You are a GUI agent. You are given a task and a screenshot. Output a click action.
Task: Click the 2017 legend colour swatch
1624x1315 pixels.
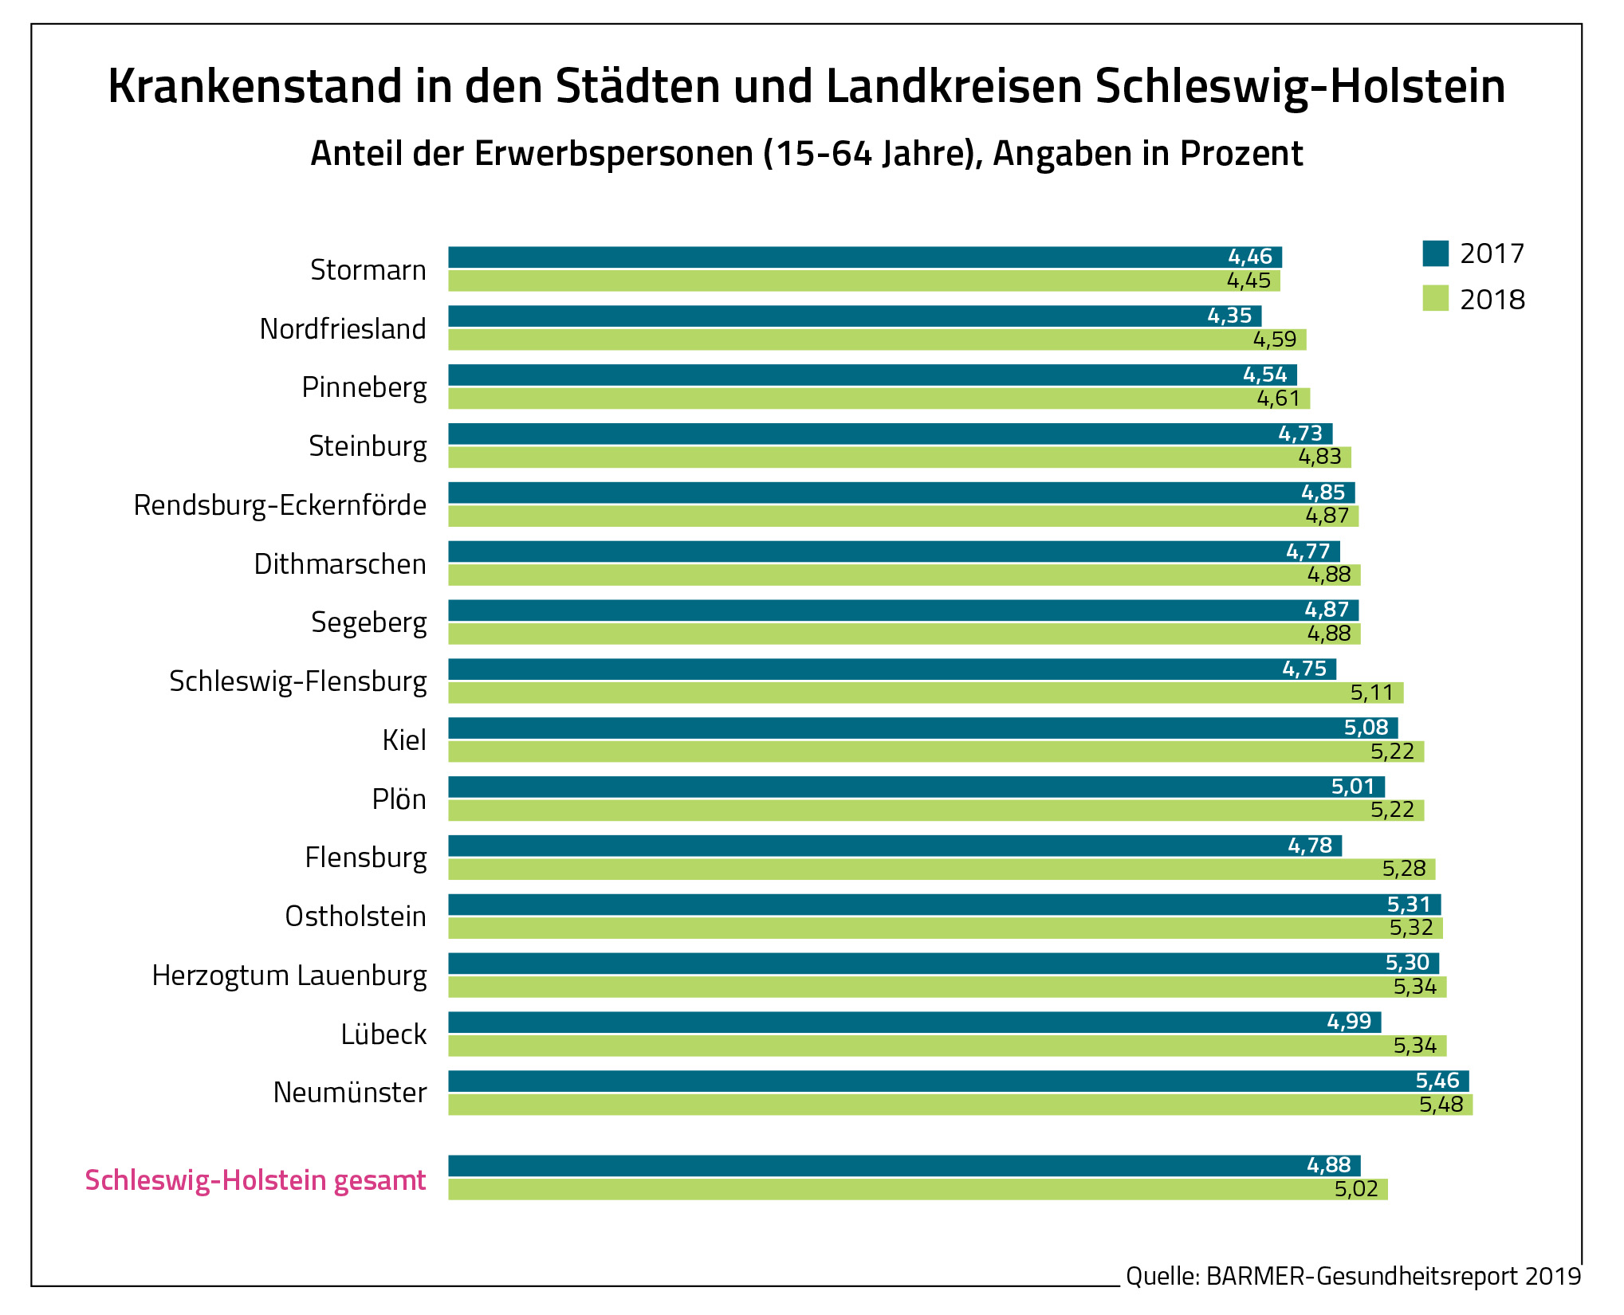pos(1435,253)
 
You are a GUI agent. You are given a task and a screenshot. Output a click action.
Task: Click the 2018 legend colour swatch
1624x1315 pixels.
pos(1435,299)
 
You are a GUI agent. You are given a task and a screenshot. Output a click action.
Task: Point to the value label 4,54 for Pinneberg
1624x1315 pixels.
pos(1264,375)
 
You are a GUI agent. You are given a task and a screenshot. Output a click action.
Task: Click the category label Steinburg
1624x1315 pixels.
pos(368,446)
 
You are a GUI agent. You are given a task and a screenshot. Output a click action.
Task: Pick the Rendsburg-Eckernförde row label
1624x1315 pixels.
pos(280,505)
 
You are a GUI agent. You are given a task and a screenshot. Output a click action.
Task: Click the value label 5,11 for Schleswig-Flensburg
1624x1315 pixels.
pos(1371,693)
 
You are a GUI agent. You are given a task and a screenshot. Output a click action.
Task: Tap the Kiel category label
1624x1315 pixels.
pos(404,740)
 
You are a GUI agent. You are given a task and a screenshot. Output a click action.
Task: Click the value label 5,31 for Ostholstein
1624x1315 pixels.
pos(1409,905)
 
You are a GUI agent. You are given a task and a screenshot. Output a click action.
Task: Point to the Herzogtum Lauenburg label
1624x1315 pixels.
pos(289,975)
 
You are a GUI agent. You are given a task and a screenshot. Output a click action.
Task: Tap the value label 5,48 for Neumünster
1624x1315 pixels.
pos(1441,1105)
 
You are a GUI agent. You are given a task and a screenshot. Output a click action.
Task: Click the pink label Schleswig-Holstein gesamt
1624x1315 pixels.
pos(255,1180)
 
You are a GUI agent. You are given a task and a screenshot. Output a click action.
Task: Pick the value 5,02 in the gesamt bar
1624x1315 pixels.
pos(1356,1190)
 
